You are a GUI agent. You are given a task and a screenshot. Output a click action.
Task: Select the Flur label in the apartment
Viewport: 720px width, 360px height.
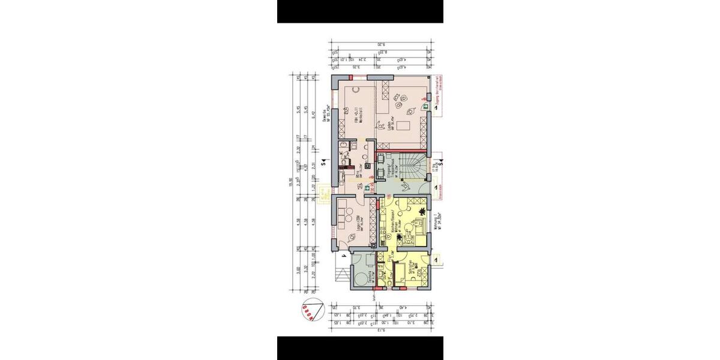[389, 259]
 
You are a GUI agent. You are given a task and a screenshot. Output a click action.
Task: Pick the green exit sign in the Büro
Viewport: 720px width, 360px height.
[367, 188]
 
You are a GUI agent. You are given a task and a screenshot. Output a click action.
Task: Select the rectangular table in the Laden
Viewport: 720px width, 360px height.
[402, 124]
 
